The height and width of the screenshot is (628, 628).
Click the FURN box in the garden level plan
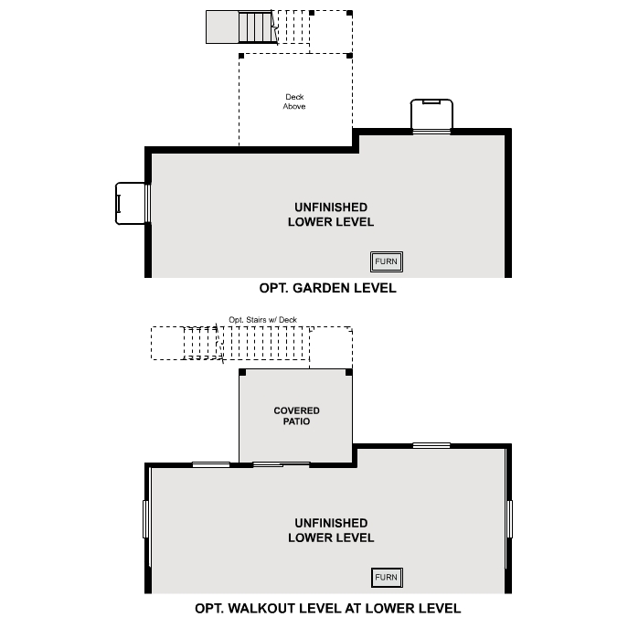tap(386, 262)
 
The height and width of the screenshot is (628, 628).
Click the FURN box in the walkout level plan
tap(386, 578)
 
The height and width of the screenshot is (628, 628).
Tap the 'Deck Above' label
tap(293, 101)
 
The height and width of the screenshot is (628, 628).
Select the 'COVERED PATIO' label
tap(297, 416)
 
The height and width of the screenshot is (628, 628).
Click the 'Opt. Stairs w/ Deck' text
tap(262, 320)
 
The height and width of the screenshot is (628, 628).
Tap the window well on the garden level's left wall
tap(130, 203)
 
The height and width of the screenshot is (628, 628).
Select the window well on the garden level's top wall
tap(431, 116)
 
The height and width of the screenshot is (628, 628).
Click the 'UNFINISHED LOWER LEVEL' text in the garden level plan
tap(330, 215)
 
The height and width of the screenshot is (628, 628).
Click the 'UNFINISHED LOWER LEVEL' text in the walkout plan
tap(330, 530)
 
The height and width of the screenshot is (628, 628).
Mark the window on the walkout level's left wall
tap(146, 518)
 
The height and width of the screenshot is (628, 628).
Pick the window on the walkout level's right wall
tap(509, 518)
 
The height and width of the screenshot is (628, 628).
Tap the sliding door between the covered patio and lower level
tap(281, 464)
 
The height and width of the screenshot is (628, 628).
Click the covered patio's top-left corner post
tap(242, 372)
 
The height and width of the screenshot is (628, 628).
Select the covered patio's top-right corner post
tap(348, 372)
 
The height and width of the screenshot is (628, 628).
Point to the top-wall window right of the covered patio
tap(431, 445)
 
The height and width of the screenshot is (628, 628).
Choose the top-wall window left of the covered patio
tap(211, 464)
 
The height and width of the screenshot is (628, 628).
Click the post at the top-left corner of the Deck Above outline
tap(241, 56)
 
